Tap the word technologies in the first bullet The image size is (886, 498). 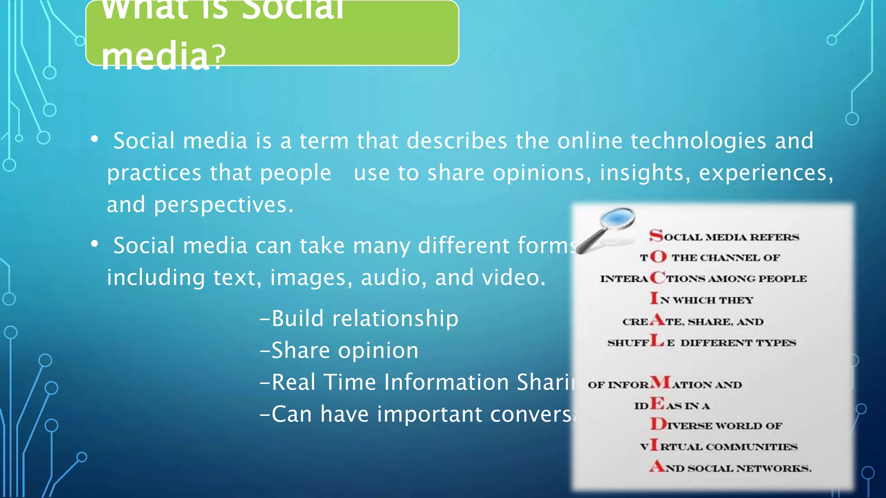click(698, 141)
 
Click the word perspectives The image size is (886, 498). click(224, 205)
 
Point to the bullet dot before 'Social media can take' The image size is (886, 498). click(95, 244)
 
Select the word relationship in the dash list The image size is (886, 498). click(395, 319)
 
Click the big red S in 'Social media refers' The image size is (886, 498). click(656, 236)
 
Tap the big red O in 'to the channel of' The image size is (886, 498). click(658, 257)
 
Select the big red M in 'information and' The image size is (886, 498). click(660, 383)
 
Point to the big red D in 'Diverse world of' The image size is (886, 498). click(658, 424)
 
